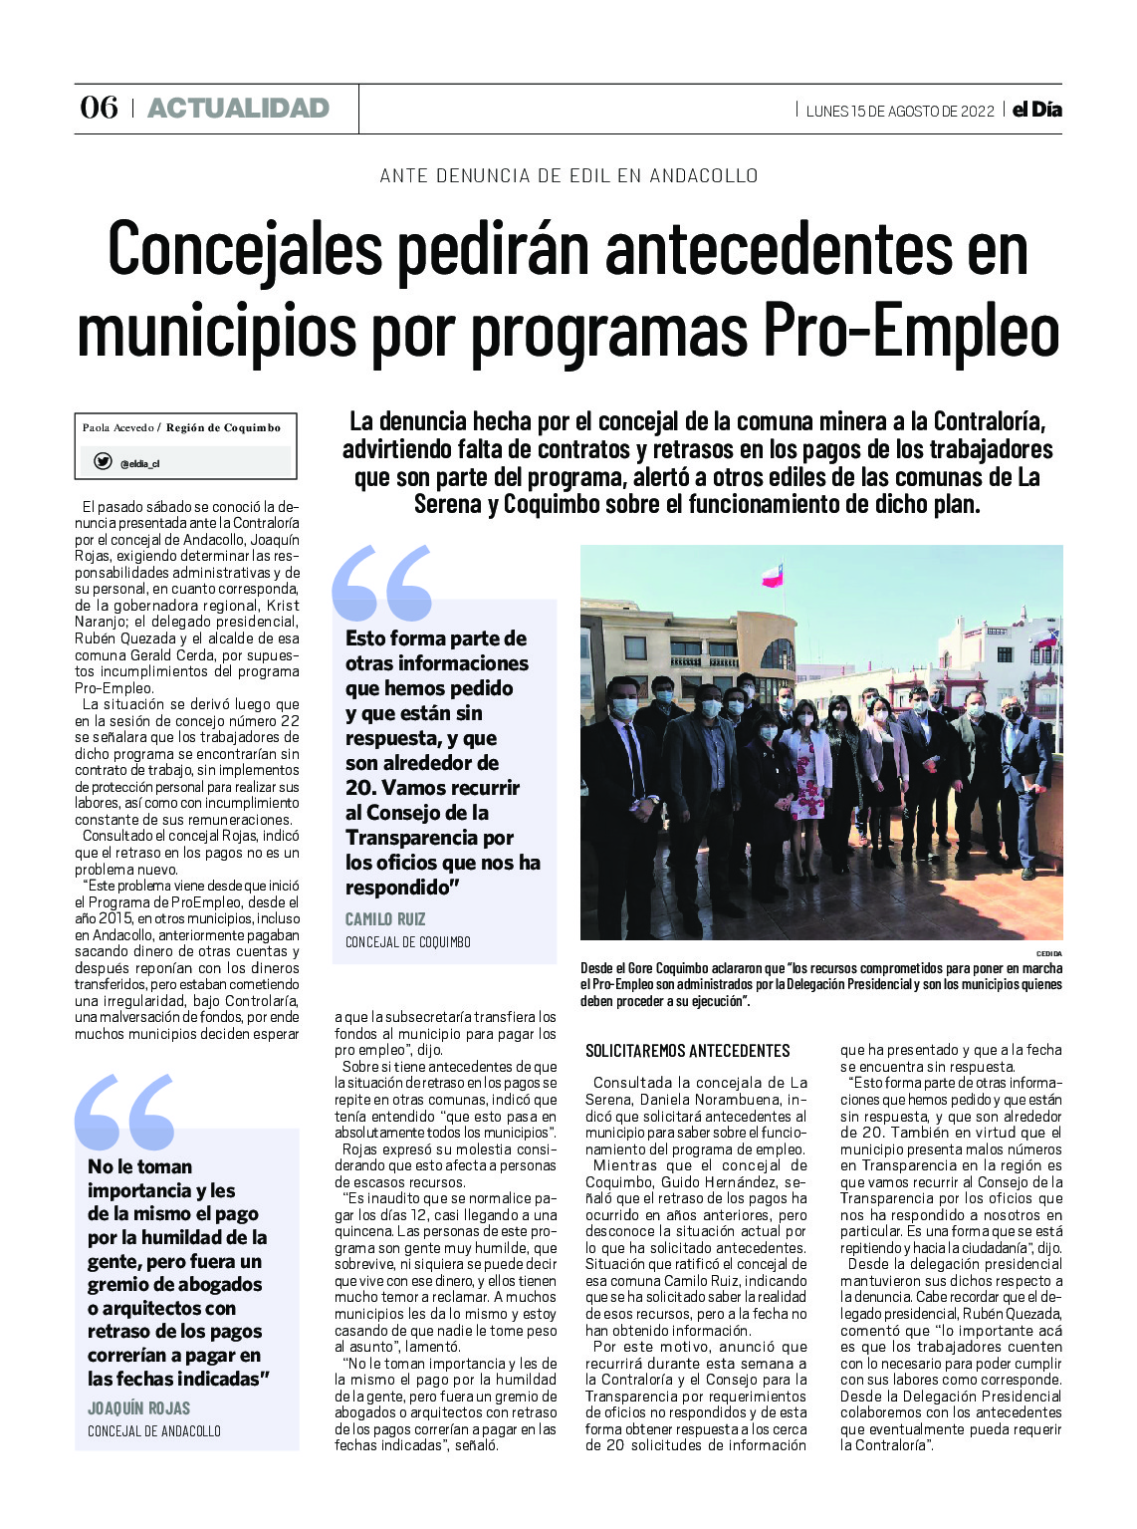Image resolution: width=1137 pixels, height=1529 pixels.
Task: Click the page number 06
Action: coord(99,108)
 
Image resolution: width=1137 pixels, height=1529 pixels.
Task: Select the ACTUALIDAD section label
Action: coord(238,108)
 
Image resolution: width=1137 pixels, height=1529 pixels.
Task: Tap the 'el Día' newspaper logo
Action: coord(1037,110)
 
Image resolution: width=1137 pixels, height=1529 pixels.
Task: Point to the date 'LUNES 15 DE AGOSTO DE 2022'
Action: coord(900,111)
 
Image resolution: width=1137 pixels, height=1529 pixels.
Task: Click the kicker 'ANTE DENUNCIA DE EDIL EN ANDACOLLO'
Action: coord(568,176)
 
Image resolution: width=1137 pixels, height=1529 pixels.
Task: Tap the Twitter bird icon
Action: coord(103,461)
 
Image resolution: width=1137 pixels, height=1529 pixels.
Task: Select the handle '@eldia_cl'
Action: coord(139,463)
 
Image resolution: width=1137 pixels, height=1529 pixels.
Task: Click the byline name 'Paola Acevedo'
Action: coord(117,428)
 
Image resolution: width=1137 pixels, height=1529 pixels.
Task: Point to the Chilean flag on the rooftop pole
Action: coord(772,575)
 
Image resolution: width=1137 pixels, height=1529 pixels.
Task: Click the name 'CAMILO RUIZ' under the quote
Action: coord(385,918)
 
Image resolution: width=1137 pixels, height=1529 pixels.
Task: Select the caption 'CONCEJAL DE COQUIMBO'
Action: coord(408,942)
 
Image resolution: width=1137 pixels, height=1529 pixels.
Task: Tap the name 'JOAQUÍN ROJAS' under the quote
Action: coord(138,1407)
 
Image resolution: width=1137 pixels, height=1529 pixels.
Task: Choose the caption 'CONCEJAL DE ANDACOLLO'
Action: coord(154,1431)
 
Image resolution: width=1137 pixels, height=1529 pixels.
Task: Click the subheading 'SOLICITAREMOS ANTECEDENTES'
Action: coord(687,1051)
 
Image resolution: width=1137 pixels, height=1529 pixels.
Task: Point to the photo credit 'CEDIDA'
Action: coord(1048,953)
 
